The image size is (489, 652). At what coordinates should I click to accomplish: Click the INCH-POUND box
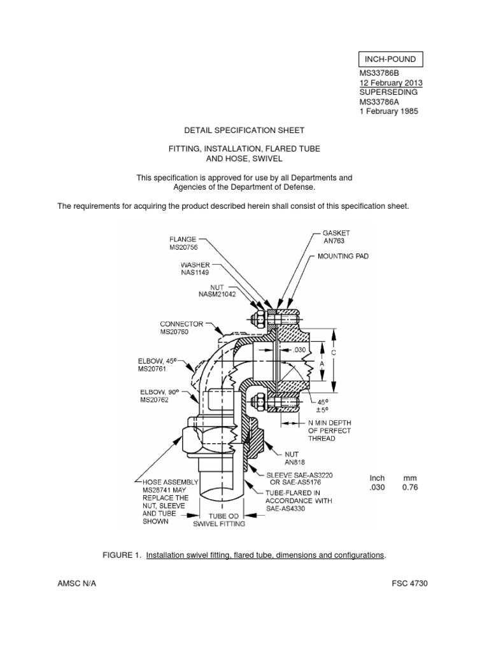[390, 59]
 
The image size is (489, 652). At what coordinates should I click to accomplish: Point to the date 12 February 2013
[391, 83]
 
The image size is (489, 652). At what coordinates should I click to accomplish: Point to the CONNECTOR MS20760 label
[181, 328]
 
